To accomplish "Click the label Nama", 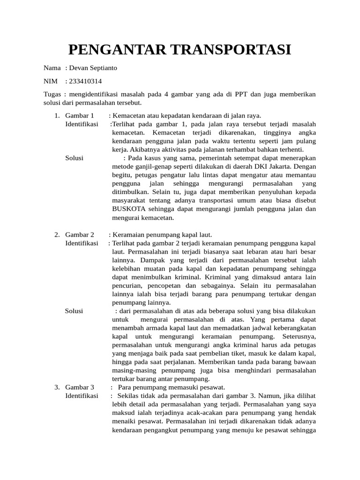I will (52, 68).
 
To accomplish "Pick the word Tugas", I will (52, 94).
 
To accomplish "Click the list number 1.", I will (57, 115).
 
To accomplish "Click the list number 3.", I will (57, 387).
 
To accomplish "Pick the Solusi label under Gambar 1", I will (75, 158).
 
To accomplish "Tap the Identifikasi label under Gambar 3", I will (82, 396).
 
